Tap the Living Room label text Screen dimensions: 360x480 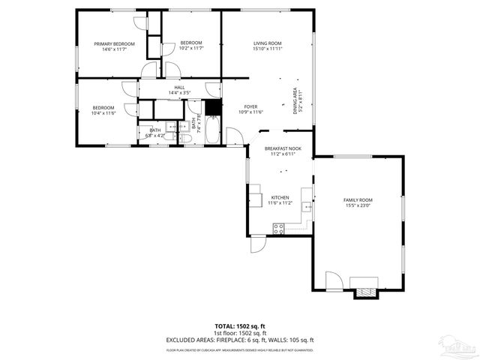(266, 44)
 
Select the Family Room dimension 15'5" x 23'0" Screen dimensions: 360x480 (358, 205)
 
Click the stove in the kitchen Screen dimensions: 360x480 (278, 229)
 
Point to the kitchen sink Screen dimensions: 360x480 (306, 205)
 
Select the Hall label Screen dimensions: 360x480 (179, 88)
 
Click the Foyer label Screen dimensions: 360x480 (250, 107)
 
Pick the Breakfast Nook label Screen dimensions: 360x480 (282, 149)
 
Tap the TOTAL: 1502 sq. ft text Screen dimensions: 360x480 (240, 326)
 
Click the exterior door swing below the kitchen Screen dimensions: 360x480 (257, 246)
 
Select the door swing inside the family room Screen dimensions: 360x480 (334, 283)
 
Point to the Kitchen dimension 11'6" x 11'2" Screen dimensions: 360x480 (280, 202)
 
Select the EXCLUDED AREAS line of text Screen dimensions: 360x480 (240, 340)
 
